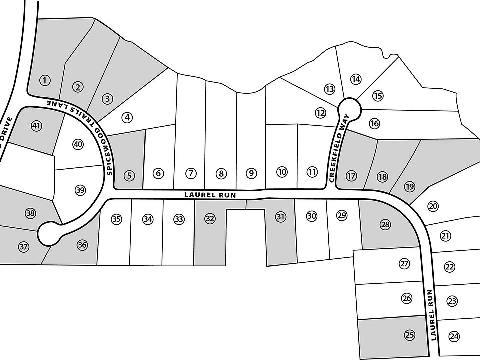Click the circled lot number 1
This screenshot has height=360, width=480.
click(x=45, y=81)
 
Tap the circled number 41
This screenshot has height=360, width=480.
click(x=37, y=126)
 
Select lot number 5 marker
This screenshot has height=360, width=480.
click(x=130, y=176)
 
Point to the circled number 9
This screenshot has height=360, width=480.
click(x=251, y=174)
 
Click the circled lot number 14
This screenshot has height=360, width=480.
click(x=355, y=79)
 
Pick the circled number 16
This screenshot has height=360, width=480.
click(x=374, y=123)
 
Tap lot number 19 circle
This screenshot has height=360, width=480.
click(x=409, y=186)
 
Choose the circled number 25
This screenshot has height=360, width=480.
click(x=409, y=335)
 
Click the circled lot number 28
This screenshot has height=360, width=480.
click(x=385, y=225)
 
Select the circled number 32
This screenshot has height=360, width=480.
click(x=210, y=219)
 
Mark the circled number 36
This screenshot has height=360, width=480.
click(x=82, y=245)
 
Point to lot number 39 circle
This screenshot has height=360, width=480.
click(x=80, y=190)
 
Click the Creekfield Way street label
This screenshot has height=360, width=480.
click(x=339, y=148)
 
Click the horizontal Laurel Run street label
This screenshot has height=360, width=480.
click(x=210, y=194)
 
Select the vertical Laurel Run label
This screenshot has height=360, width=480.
click(x=431, y=315)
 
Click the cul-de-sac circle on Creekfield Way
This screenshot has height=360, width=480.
click(x=349, y=109)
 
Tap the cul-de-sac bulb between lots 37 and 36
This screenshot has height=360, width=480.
click(x=49, y=234)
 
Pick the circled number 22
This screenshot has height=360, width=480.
click(x=449, y=267)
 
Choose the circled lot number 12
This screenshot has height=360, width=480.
click(x=320, y=113)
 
